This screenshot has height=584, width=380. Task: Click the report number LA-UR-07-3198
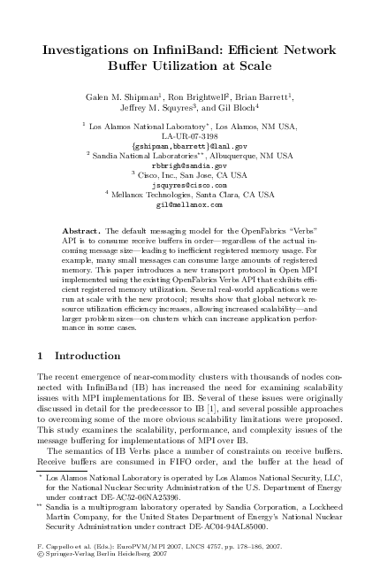tap(189, 135)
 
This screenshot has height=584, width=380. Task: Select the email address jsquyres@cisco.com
tap(189, 185)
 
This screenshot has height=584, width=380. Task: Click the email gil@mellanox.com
tap(189, 204)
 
